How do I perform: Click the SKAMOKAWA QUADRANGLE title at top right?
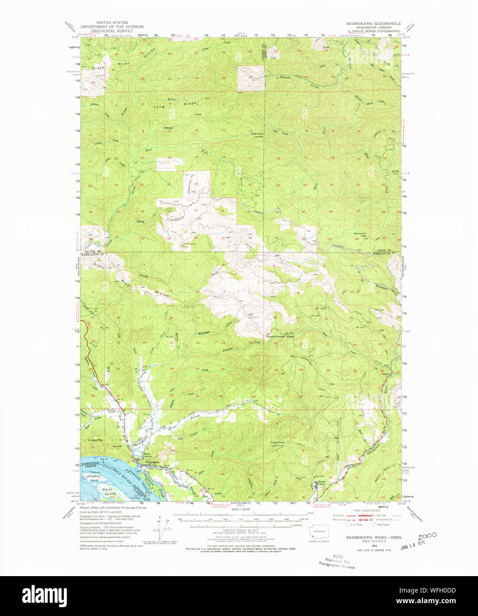pyautogui.click(x=374, y=23)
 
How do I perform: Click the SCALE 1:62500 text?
pyautogui.click(x=241, y=510)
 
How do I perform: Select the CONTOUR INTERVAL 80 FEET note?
pyautogui.click(x=241, y=530)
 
